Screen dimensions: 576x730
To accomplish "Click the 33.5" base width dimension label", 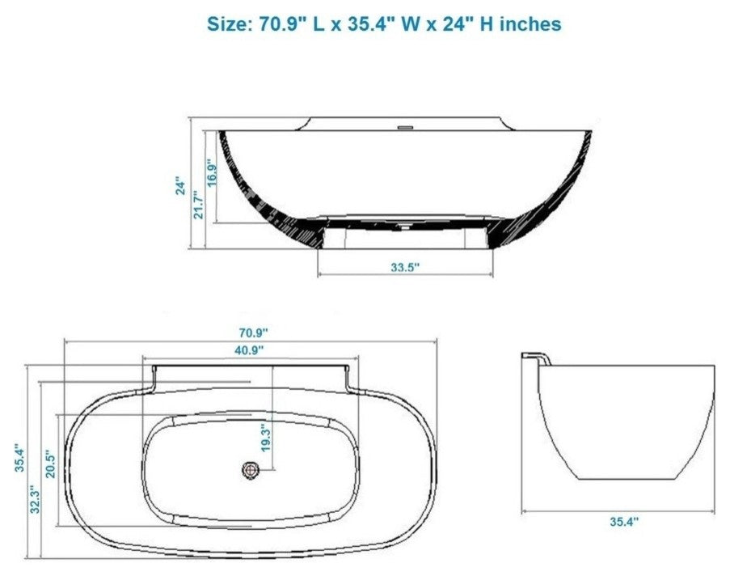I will point(405,268).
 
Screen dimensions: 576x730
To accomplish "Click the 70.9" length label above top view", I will point(252,332).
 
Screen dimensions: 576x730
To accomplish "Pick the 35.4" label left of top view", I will point(17,457).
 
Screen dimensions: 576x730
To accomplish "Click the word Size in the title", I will point(230,24).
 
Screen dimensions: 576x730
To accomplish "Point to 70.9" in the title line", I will point(282,24).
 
